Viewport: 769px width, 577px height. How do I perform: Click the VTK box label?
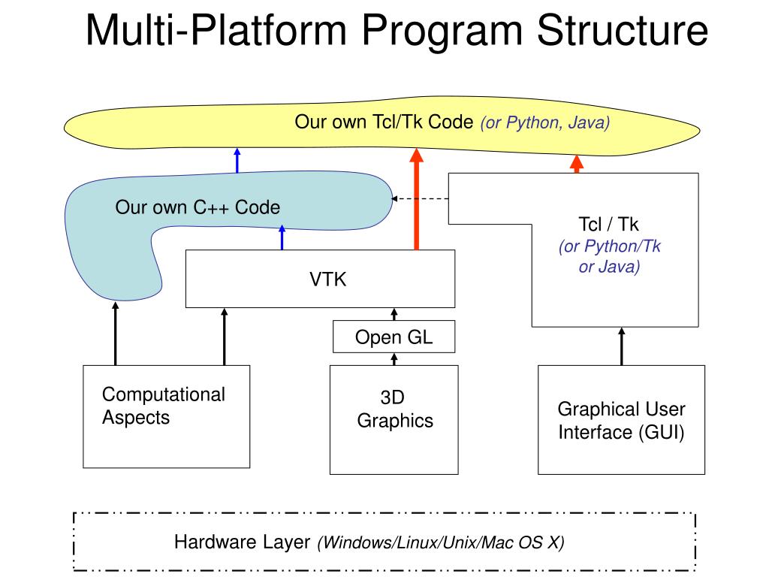point(327,279)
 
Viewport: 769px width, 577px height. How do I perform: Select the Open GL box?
point(394,337)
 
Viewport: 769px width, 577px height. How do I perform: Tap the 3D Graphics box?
point(394,419)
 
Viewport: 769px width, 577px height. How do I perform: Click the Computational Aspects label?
point(163,406)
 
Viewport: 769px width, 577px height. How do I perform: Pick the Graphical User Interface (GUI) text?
point(621,421)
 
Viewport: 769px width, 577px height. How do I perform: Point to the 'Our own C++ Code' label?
point(198,207)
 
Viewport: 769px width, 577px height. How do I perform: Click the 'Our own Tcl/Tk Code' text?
point(384,122)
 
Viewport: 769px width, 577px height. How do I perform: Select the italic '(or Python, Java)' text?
point(545,122)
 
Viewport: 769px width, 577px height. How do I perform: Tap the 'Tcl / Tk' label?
point(608,224)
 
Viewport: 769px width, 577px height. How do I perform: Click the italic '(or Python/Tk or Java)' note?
point(610,256)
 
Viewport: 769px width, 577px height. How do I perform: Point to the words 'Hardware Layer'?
point(243,542)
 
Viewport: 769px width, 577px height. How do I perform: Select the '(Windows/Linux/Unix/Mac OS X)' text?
point(441,542)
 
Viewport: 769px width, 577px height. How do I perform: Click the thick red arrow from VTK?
point(416,199)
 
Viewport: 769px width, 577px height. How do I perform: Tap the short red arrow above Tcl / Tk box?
point(577,164)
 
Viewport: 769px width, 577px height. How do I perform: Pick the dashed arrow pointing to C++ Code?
point(420,198)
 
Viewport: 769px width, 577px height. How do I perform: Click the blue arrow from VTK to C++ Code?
point(282,237)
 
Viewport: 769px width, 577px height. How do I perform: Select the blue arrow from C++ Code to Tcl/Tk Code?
point(237,161)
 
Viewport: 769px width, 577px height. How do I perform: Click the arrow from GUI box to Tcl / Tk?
point(622,346)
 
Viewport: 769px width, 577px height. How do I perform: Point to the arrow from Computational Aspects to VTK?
point(224,337)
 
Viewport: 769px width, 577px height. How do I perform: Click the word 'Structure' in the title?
point(623,30)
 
